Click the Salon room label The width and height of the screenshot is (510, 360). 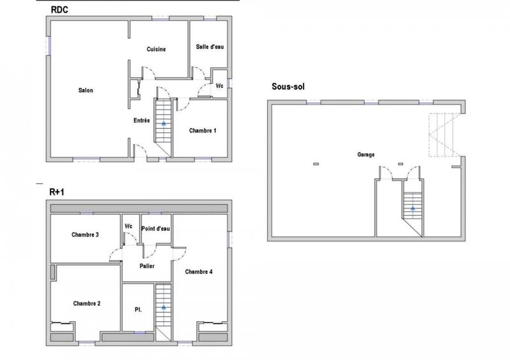point(86,90)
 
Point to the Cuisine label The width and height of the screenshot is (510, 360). point(157,50)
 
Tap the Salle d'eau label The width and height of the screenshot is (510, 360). point(210,47)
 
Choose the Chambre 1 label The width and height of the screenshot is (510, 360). point(203,131)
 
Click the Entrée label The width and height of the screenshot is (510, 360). point(142,120)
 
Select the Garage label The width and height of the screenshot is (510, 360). point(366,155)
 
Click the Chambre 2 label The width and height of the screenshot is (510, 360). point(87,303)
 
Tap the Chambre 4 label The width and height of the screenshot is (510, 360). point(199,271)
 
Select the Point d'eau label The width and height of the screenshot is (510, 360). point(156,228)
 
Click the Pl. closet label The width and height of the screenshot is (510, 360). point(138,310)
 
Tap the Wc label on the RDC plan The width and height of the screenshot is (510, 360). point(219,85)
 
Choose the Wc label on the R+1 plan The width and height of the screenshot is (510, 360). point(128,226)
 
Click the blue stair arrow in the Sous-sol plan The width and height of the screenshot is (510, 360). point(412,208)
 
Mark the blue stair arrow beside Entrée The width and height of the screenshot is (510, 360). point(164,124)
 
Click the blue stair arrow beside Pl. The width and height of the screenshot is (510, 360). point(164,307)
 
